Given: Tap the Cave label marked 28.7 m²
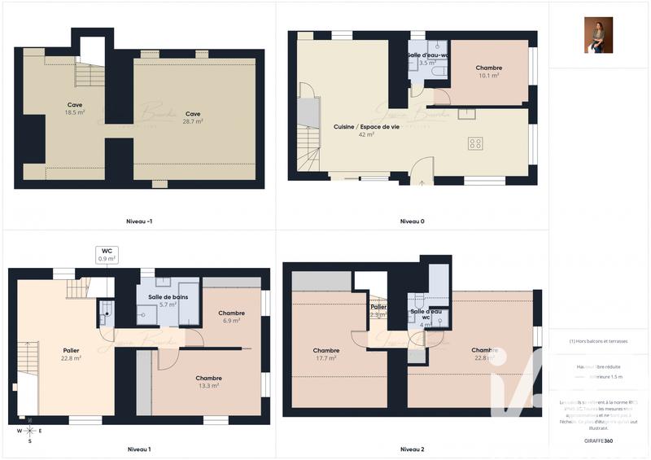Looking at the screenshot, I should [x=192, y=117].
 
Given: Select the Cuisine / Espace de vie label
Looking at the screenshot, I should [x=355, y=130].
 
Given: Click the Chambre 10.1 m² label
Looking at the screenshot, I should [x=489, y=72].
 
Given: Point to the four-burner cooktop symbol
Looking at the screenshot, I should [x=476, y=143].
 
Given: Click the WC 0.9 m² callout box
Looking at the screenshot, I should [x=107, y=254].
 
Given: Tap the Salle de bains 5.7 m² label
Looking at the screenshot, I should [x=168, y=300].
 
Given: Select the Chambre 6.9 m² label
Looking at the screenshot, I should [x=231, y=317].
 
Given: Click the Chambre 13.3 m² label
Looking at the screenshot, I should [x=208, y=382].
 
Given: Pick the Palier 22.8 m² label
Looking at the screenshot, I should [x=71, y=354].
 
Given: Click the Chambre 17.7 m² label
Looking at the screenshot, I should [x=326, y=354].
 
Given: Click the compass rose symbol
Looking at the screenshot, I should [x=30, y=431].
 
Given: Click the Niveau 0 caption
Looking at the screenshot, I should [x=412, y=221].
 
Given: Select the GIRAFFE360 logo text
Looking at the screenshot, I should [x=598, y=439].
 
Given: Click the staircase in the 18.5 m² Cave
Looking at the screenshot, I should [x=90, y=75].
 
